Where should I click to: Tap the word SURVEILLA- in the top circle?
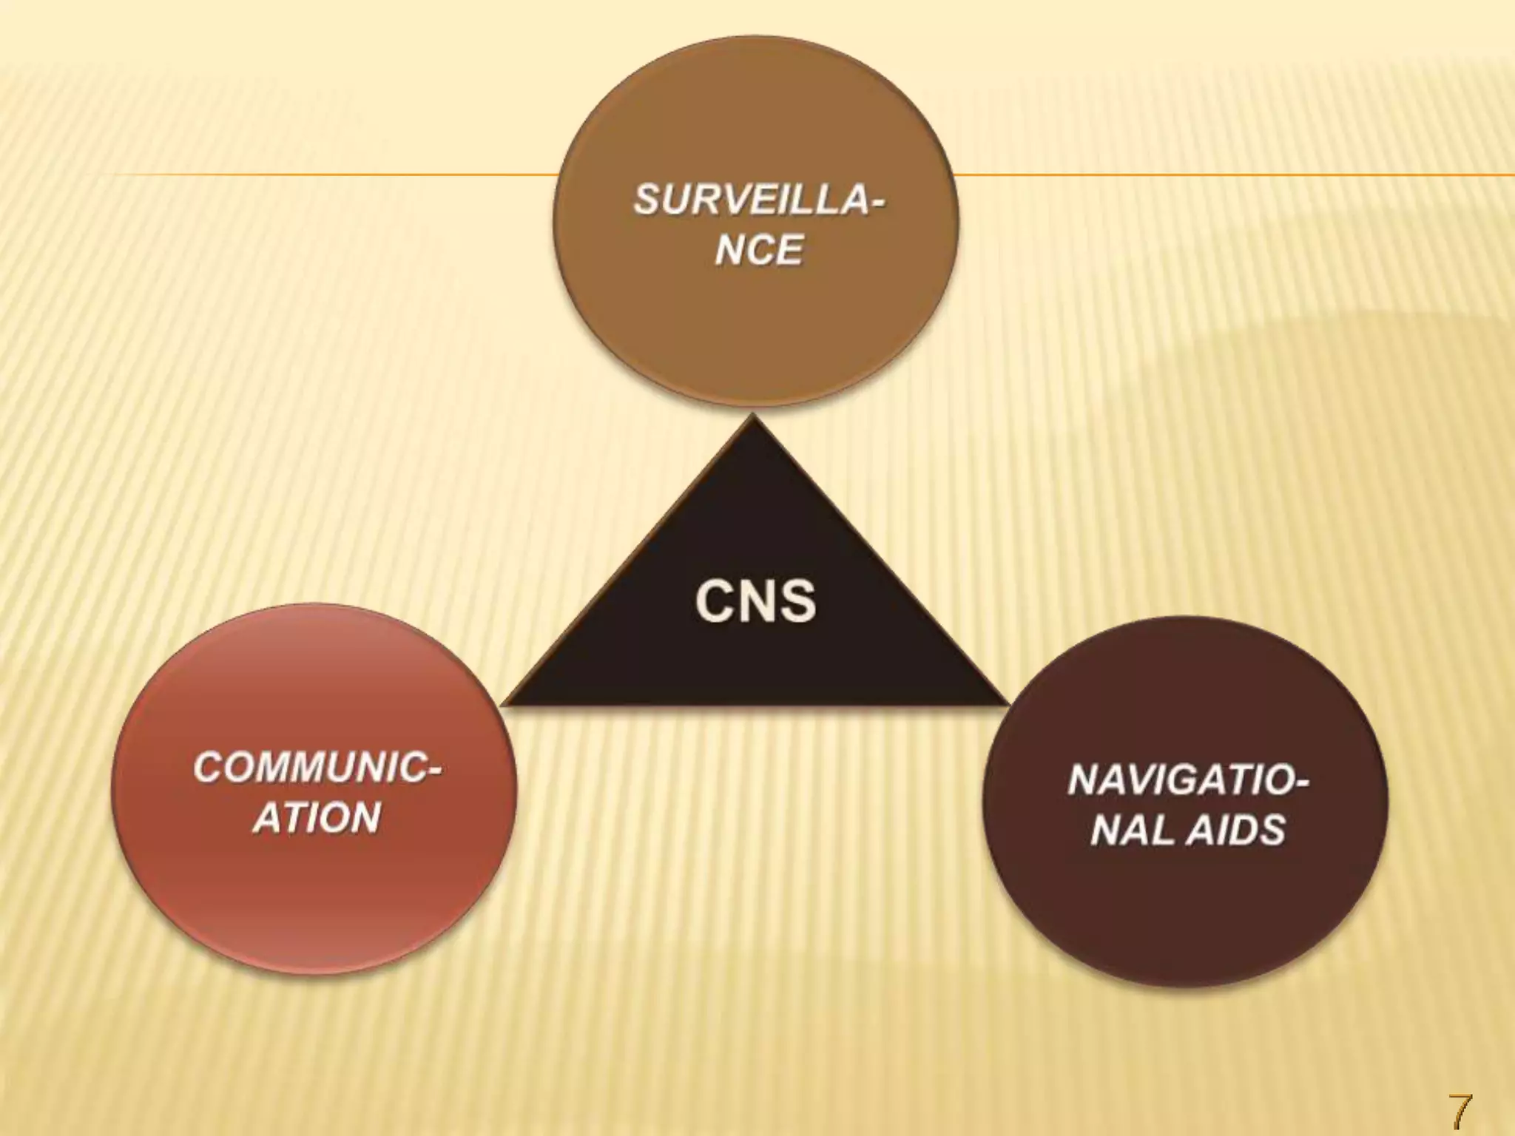point(759,200)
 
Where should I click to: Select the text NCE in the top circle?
point(759,250)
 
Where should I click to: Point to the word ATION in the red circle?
point(317,818)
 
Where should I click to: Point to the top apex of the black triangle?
point(754,416)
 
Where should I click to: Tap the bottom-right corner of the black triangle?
point(1008,703)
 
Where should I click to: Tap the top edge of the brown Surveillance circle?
point(755,37)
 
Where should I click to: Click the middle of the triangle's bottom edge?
point(756,703)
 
